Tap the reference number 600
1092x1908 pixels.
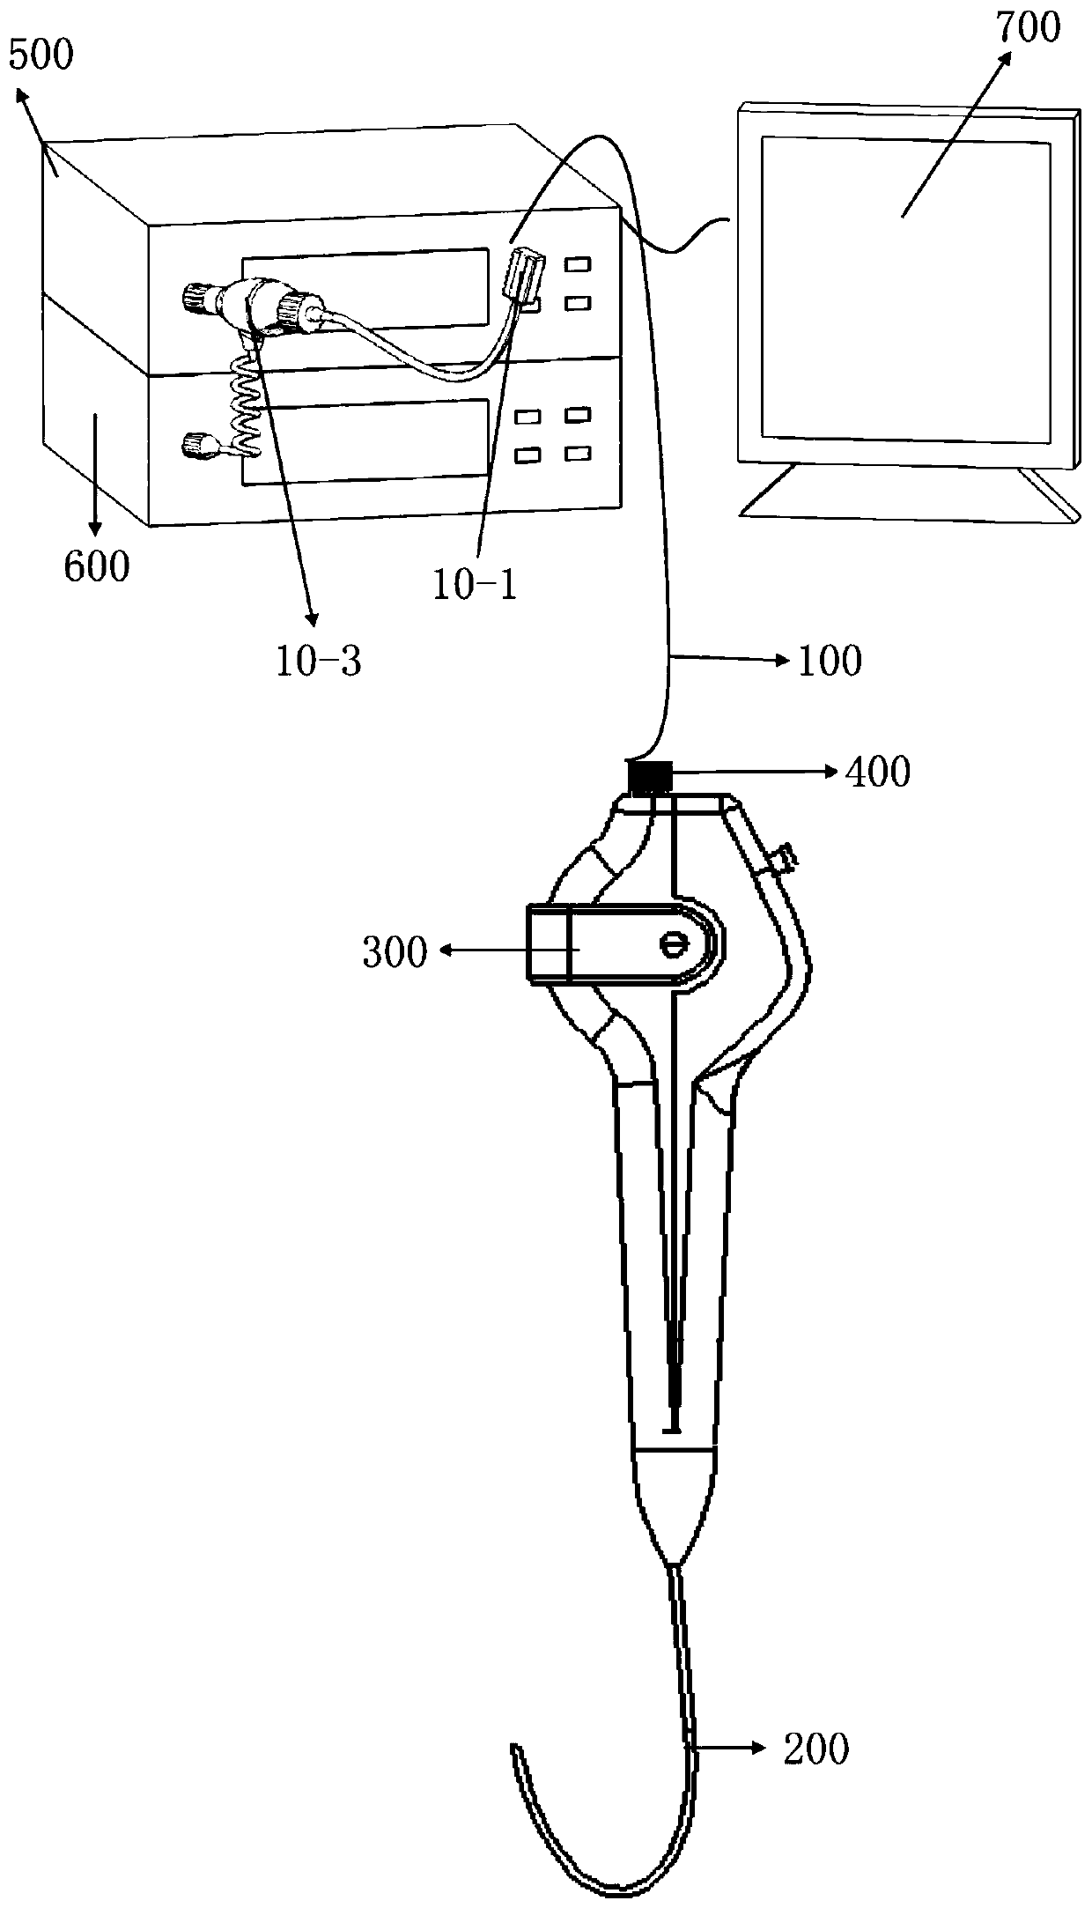coord(96,566)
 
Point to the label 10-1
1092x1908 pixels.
coord(475,584)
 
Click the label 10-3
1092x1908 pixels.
coord(318,661)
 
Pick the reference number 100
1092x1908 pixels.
coord(830,661)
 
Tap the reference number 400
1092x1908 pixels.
coord(877,773)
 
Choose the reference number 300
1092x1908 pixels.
coord(395,951)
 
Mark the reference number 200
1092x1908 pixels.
coord(816,1749)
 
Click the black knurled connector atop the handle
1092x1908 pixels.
coord(651,778)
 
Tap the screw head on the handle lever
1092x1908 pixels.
coord(672,945)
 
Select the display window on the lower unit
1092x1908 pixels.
coord(365,440)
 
